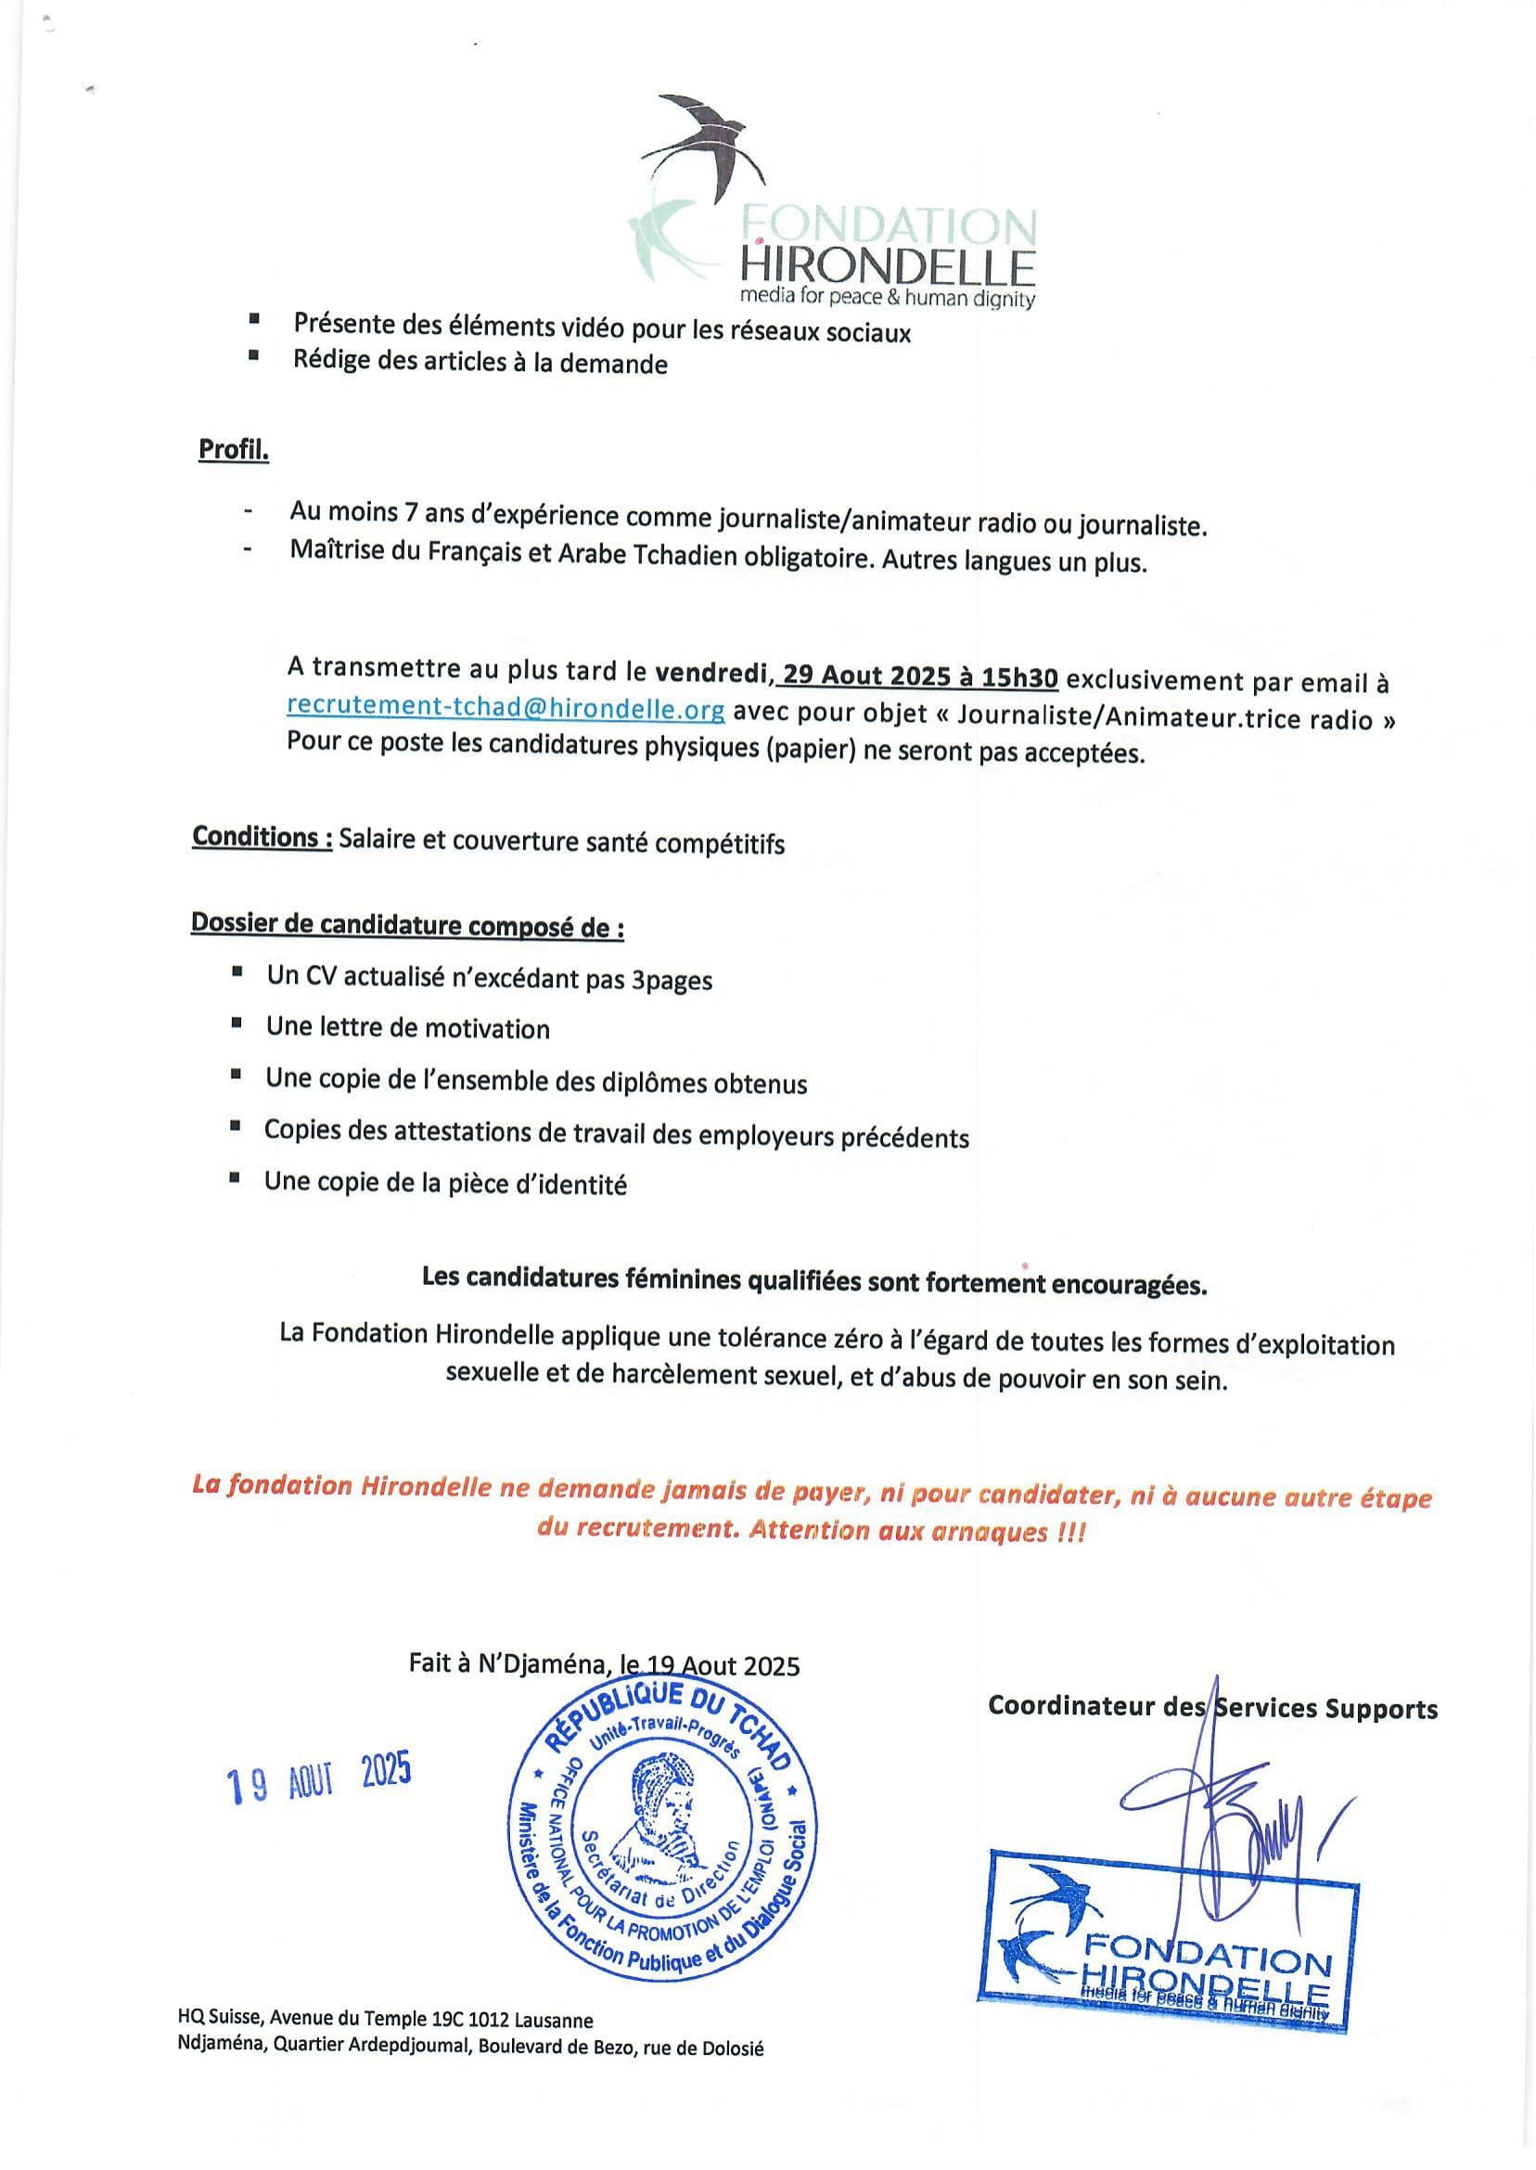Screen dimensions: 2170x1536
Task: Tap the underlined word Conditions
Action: pos(261,838)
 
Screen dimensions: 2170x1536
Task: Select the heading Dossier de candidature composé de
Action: pos(407,925)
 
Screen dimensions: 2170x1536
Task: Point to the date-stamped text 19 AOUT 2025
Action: pos(319,1781)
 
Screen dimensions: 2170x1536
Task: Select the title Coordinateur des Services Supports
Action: pos(1212,1707)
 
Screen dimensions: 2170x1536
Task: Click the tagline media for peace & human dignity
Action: pos(886,299)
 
